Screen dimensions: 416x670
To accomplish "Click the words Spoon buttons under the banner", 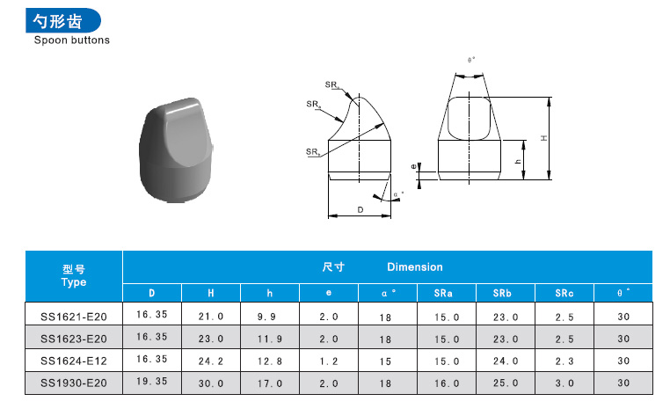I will (72, 40).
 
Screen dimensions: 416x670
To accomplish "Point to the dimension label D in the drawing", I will (360, 209).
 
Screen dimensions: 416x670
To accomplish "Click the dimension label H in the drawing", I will (544, 138).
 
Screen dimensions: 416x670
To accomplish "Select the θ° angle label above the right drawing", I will (471, 61).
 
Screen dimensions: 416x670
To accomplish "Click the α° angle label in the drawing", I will (397, 193).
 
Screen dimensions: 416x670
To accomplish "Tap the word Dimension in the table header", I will (415, 266).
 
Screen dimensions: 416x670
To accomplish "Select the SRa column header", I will (446, 293).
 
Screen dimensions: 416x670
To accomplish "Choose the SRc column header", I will (564, 293).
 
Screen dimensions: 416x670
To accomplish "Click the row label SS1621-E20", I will (74, 316).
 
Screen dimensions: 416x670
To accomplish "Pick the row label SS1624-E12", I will (74, 361).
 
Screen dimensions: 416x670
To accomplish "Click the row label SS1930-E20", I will (74, 383).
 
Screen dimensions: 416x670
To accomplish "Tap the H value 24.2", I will (210, 361).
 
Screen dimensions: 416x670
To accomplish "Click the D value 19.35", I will (151, 383).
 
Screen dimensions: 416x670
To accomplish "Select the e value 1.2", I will (328, 361).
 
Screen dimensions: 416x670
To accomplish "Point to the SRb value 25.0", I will (505, 383).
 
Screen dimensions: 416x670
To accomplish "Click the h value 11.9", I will (269, 338).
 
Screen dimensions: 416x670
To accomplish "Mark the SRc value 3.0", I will (564, 383).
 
